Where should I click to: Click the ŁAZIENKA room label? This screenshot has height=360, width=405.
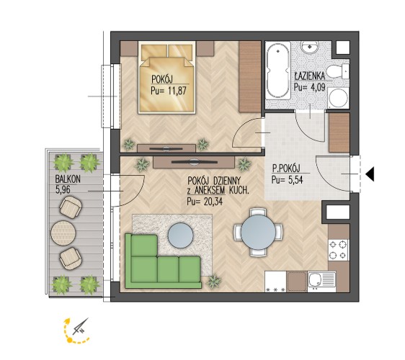tap(310, 76)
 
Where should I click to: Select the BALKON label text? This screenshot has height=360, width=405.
tap(68, 179)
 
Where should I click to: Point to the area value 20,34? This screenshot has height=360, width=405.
tap(213, 202)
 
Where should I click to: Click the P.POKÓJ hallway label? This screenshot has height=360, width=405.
tap(286, 168)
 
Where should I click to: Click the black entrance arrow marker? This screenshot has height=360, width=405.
tap(370, 174)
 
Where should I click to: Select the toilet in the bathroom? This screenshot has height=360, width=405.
tap(337, 71)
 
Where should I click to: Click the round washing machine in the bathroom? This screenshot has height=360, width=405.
tap(339, 98)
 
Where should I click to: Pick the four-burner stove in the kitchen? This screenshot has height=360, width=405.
tap(339, 250)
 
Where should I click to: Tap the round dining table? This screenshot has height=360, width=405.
tap(258, 233)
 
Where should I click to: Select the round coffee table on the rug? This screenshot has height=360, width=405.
tap(181, 235)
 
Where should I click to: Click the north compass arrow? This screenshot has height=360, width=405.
tap(81, 326)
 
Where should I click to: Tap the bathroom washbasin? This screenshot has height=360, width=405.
tap(309, 48)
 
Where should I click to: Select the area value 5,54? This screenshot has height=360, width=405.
tap(295, 179)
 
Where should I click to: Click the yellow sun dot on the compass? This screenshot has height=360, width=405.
tap(69, 340)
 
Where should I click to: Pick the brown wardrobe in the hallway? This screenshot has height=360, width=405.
tap(339, 132)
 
